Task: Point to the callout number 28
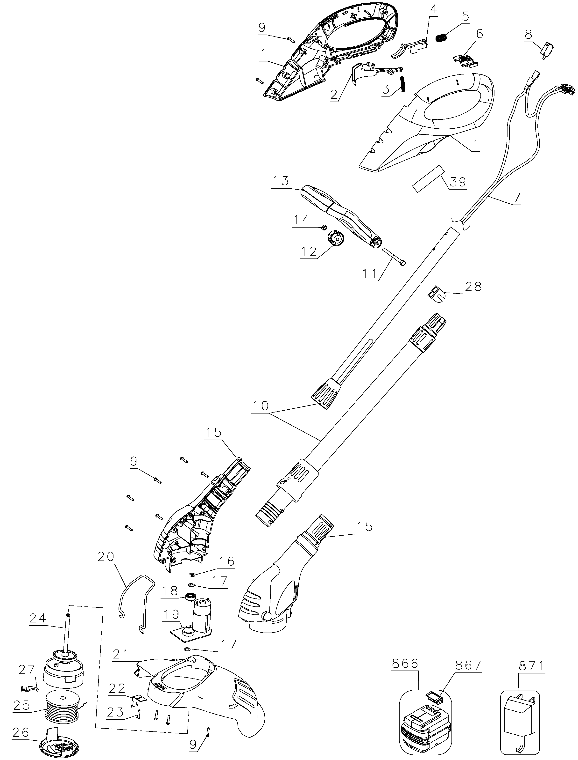click(x=473, y=286)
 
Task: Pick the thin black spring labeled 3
click(x=403, y=83)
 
